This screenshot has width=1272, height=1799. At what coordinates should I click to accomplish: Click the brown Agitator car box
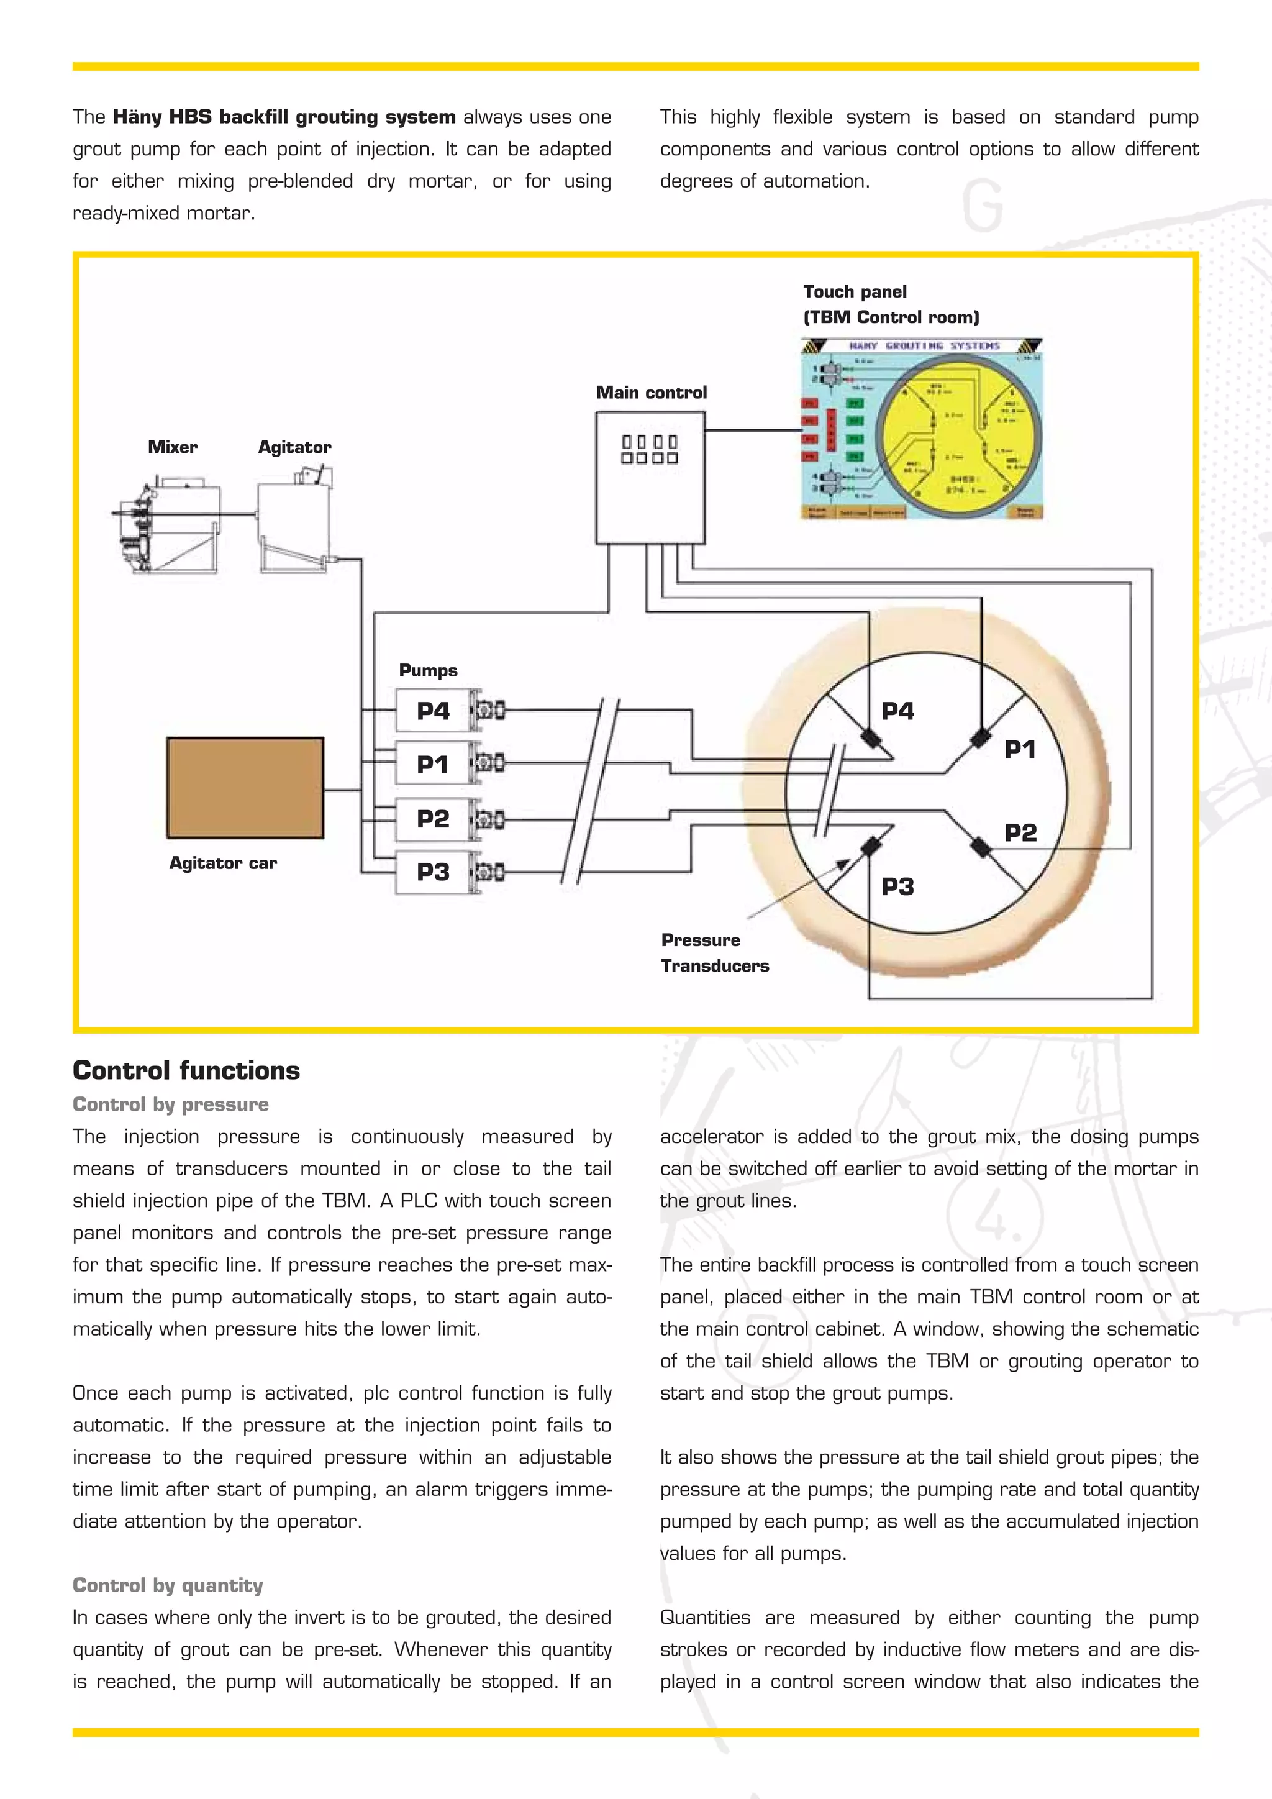point(245,788)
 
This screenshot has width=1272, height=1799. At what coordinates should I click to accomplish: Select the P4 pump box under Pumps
point(433,711)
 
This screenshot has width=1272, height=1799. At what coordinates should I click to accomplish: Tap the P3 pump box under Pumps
point(433,872)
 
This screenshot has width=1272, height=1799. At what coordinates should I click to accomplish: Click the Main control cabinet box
point(650,478)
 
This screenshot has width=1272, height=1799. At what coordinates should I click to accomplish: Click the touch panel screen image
point(922,429)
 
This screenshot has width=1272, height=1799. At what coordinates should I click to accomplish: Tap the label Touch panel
point(855,291)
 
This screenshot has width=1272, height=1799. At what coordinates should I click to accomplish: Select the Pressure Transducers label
point(714,953)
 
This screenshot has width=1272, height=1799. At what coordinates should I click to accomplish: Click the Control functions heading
point(186,1070)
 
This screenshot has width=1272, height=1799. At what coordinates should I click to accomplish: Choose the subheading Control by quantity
point(168,1585)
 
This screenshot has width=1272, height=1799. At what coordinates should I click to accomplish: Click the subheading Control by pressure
point(171,1104)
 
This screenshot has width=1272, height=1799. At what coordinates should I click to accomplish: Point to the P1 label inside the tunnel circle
point(1020,750)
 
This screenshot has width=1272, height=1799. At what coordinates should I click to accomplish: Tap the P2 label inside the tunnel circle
point(1020,832)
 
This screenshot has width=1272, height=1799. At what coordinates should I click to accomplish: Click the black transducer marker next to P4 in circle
point(870,738)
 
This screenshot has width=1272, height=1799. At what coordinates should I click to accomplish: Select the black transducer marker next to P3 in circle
point(870,847)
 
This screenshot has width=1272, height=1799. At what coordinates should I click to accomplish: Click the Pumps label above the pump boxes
point(428,670)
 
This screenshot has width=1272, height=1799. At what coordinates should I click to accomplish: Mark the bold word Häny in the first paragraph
point(137,117)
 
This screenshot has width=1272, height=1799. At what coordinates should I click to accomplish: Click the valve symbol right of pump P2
point(489,819)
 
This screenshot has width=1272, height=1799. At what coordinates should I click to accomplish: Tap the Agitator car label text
point(223,863)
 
